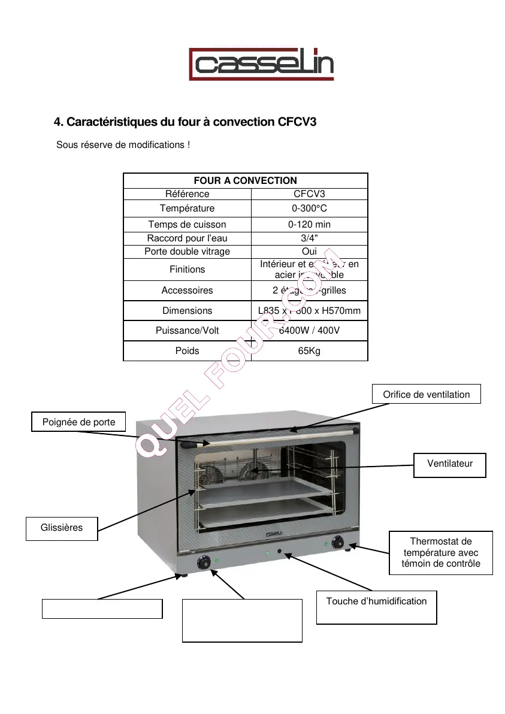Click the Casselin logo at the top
pos(261,64)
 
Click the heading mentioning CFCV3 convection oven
pos(185,122)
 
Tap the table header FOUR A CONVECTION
pos(245,180)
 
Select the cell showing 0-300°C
pos(309,208)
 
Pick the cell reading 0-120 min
pos(309,225)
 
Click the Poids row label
pos(187,350)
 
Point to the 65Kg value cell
pos(309,350)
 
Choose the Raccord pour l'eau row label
pos(187,238)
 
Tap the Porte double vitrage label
pos(187,252)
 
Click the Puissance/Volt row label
pos(187,331)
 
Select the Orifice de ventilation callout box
pos(426,394)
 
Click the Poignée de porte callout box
pos(79,422)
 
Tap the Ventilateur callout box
pos(449,464)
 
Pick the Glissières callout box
pos(62,528)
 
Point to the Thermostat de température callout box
pos(440,552)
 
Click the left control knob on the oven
pos(204,562)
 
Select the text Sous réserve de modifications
pos(123,145)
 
